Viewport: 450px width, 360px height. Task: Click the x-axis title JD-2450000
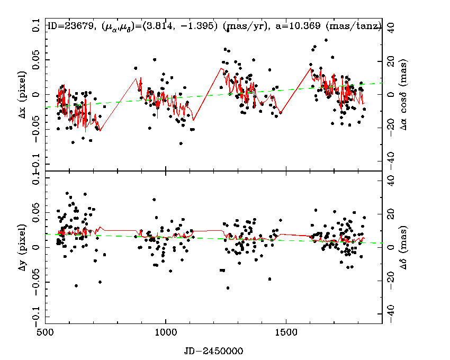tap(214, 350)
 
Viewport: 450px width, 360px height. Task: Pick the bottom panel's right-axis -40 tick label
tap(390, 314)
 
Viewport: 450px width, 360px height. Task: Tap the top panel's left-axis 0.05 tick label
tap(35, 61)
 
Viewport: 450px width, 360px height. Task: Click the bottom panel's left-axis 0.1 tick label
tap(35, 181)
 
